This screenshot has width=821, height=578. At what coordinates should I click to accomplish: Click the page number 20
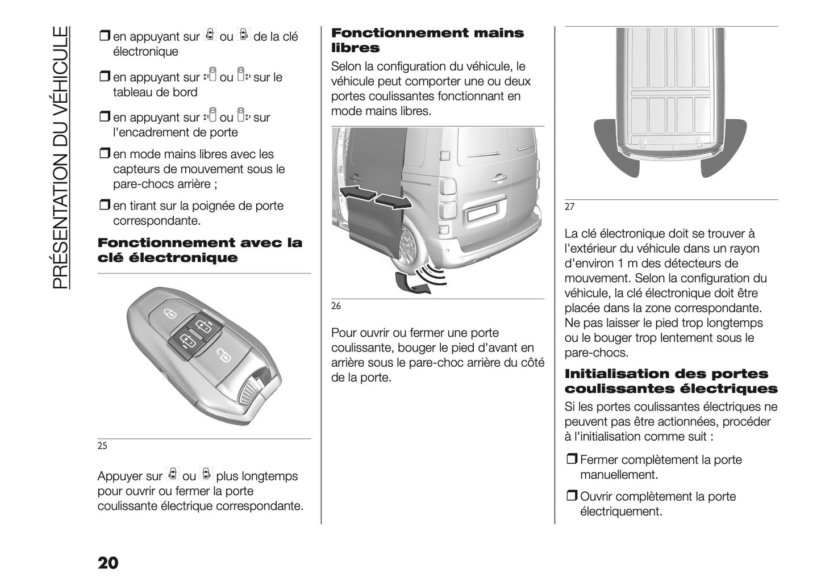(x=108, y=563)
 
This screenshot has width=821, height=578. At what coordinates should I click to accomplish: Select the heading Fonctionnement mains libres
(x=427, y=40)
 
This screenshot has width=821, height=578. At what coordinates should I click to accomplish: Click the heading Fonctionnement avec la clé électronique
(x=200, y=250)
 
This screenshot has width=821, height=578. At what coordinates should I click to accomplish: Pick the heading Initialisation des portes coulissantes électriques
(x=670, y=381)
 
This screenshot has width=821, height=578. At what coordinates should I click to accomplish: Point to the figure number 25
(x=102, y=446)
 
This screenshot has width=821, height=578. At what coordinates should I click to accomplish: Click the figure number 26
(x=336, y=306)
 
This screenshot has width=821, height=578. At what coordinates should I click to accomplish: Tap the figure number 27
(x=569, y=207)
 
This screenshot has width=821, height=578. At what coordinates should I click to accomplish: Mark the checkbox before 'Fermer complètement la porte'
(x=571, y=460)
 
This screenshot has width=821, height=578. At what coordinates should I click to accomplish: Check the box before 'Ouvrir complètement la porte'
(x=571, y=497)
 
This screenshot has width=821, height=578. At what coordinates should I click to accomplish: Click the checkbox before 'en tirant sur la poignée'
(x=104, y=206)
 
